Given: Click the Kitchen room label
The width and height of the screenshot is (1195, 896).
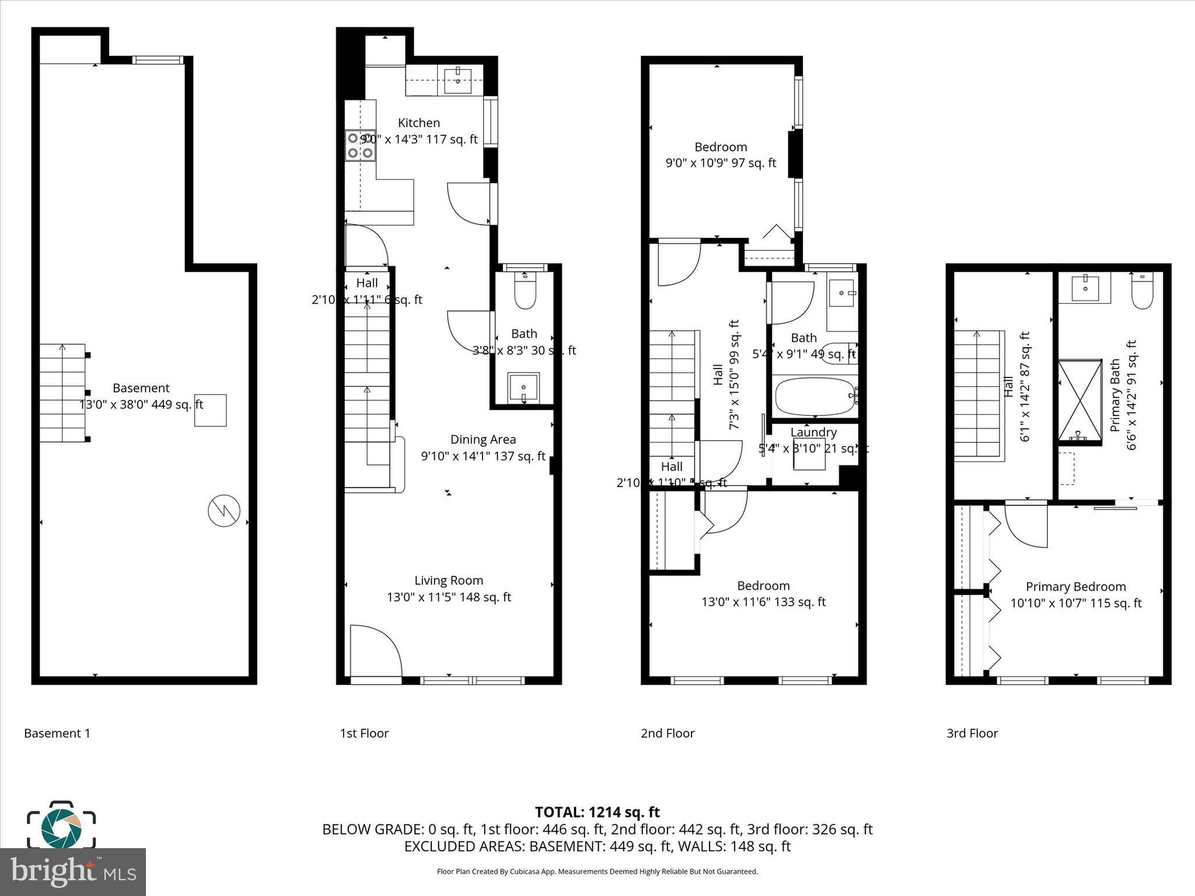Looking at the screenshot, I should tap(418, 123).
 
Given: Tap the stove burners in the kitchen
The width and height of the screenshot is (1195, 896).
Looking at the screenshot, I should tap(360, 146).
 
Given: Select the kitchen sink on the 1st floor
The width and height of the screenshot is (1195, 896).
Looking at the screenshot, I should tap(458, 80).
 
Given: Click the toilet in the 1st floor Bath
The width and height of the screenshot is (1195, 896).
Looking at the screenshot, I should tap(525, 292).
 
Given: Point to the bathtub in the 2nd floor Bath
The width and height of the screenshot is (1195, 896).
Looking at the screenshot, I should tap(815, 397).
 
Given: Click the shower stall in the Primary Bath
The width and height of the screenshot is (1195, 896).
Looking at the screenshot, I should tap(1079, 401).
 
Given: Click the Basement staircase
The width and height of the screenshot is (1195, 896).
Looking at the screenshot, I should tap(63, 393).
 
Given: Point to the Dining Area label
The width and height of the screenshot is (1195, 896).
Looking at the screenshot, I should tap(483, 440).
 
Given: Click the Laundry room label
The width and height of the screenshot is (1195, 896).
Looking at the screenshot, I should tap(813, 433).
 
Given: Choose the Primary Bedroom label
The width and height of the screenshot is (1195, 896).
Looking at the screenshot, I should tap(1075, 587).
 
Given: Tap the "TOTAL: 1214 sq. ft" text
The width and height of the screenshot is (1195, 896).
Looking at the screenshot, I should tap(597, 812).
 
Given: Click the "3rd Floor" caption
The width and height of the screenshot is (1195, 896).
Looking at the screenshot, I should tap(972, 733).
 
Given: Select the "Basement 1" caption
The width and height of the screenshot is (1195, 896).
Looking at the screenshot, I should tap(57, 733).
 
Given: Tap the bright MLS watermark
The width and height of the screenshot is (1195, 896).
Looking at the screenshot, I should tap(73, 871).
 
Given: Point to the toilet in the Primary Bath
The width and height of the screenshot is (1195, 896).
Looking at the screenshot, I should tap(1142, 292).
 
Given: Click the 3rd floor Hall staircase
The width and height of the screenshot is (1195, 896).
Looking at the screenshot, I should tap(978, 395).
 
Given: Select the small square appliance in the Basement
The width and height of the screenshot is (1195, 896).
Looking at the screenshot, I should tap(210, 410).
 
